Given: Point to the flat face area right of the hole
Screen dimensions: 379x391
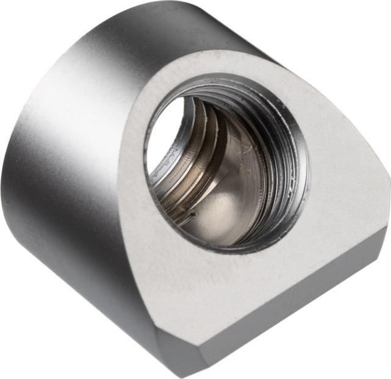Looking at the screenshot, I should pos(342,183).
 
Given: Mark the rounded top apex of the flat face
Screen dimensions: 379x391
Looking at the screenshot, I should pos(201,58).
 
